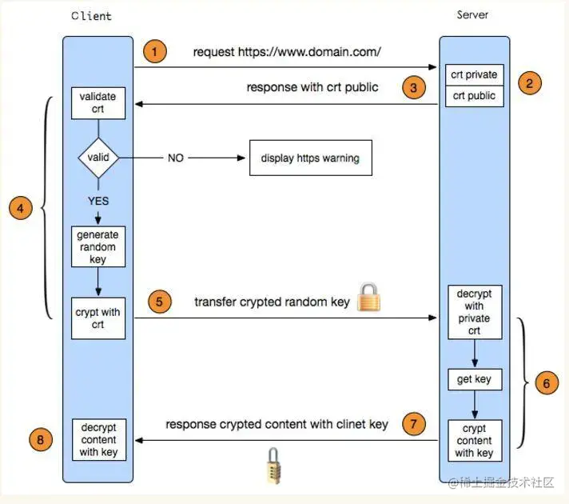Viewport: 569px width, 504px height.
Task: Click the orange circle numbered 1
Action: click(155, 53)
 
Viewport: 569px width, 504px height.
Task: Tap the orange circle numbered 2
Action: click(530, 82)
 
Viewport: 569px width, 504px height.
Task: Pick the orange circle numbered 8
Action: click(42, 438)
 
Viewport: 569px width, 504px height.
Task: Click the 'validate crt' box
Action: click(98, 103)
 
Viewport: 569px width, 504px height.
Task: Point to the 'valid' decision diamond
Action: click(98, 158)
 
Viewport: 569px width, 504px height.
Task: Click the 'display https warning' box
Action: click(310, 158)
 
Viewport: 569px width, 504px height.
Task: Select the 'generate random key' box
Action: click(97, 247)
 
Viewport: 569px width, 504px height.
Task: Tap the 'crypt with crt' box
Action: click(98, 318)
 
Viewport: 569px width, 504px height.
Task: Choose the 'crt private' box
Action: click(474, 75)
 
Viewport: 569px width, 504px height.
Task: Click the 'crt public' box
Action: click(474, 96)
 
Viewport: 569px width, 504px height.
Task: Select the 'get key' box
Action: click(474, 379)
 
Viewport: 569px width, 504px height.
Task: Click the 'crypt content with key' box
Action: click(474, 441)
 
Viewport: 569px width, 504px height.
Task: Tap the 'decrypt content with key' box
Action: click(98, 440)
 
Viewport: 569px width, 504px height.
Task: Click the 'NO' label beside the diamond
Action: click(176, 158)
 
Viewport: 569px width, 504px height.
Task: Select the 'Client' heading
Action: click(92, 16)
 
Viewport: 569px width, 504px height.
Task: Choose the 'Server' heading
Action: click(472, 15)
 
